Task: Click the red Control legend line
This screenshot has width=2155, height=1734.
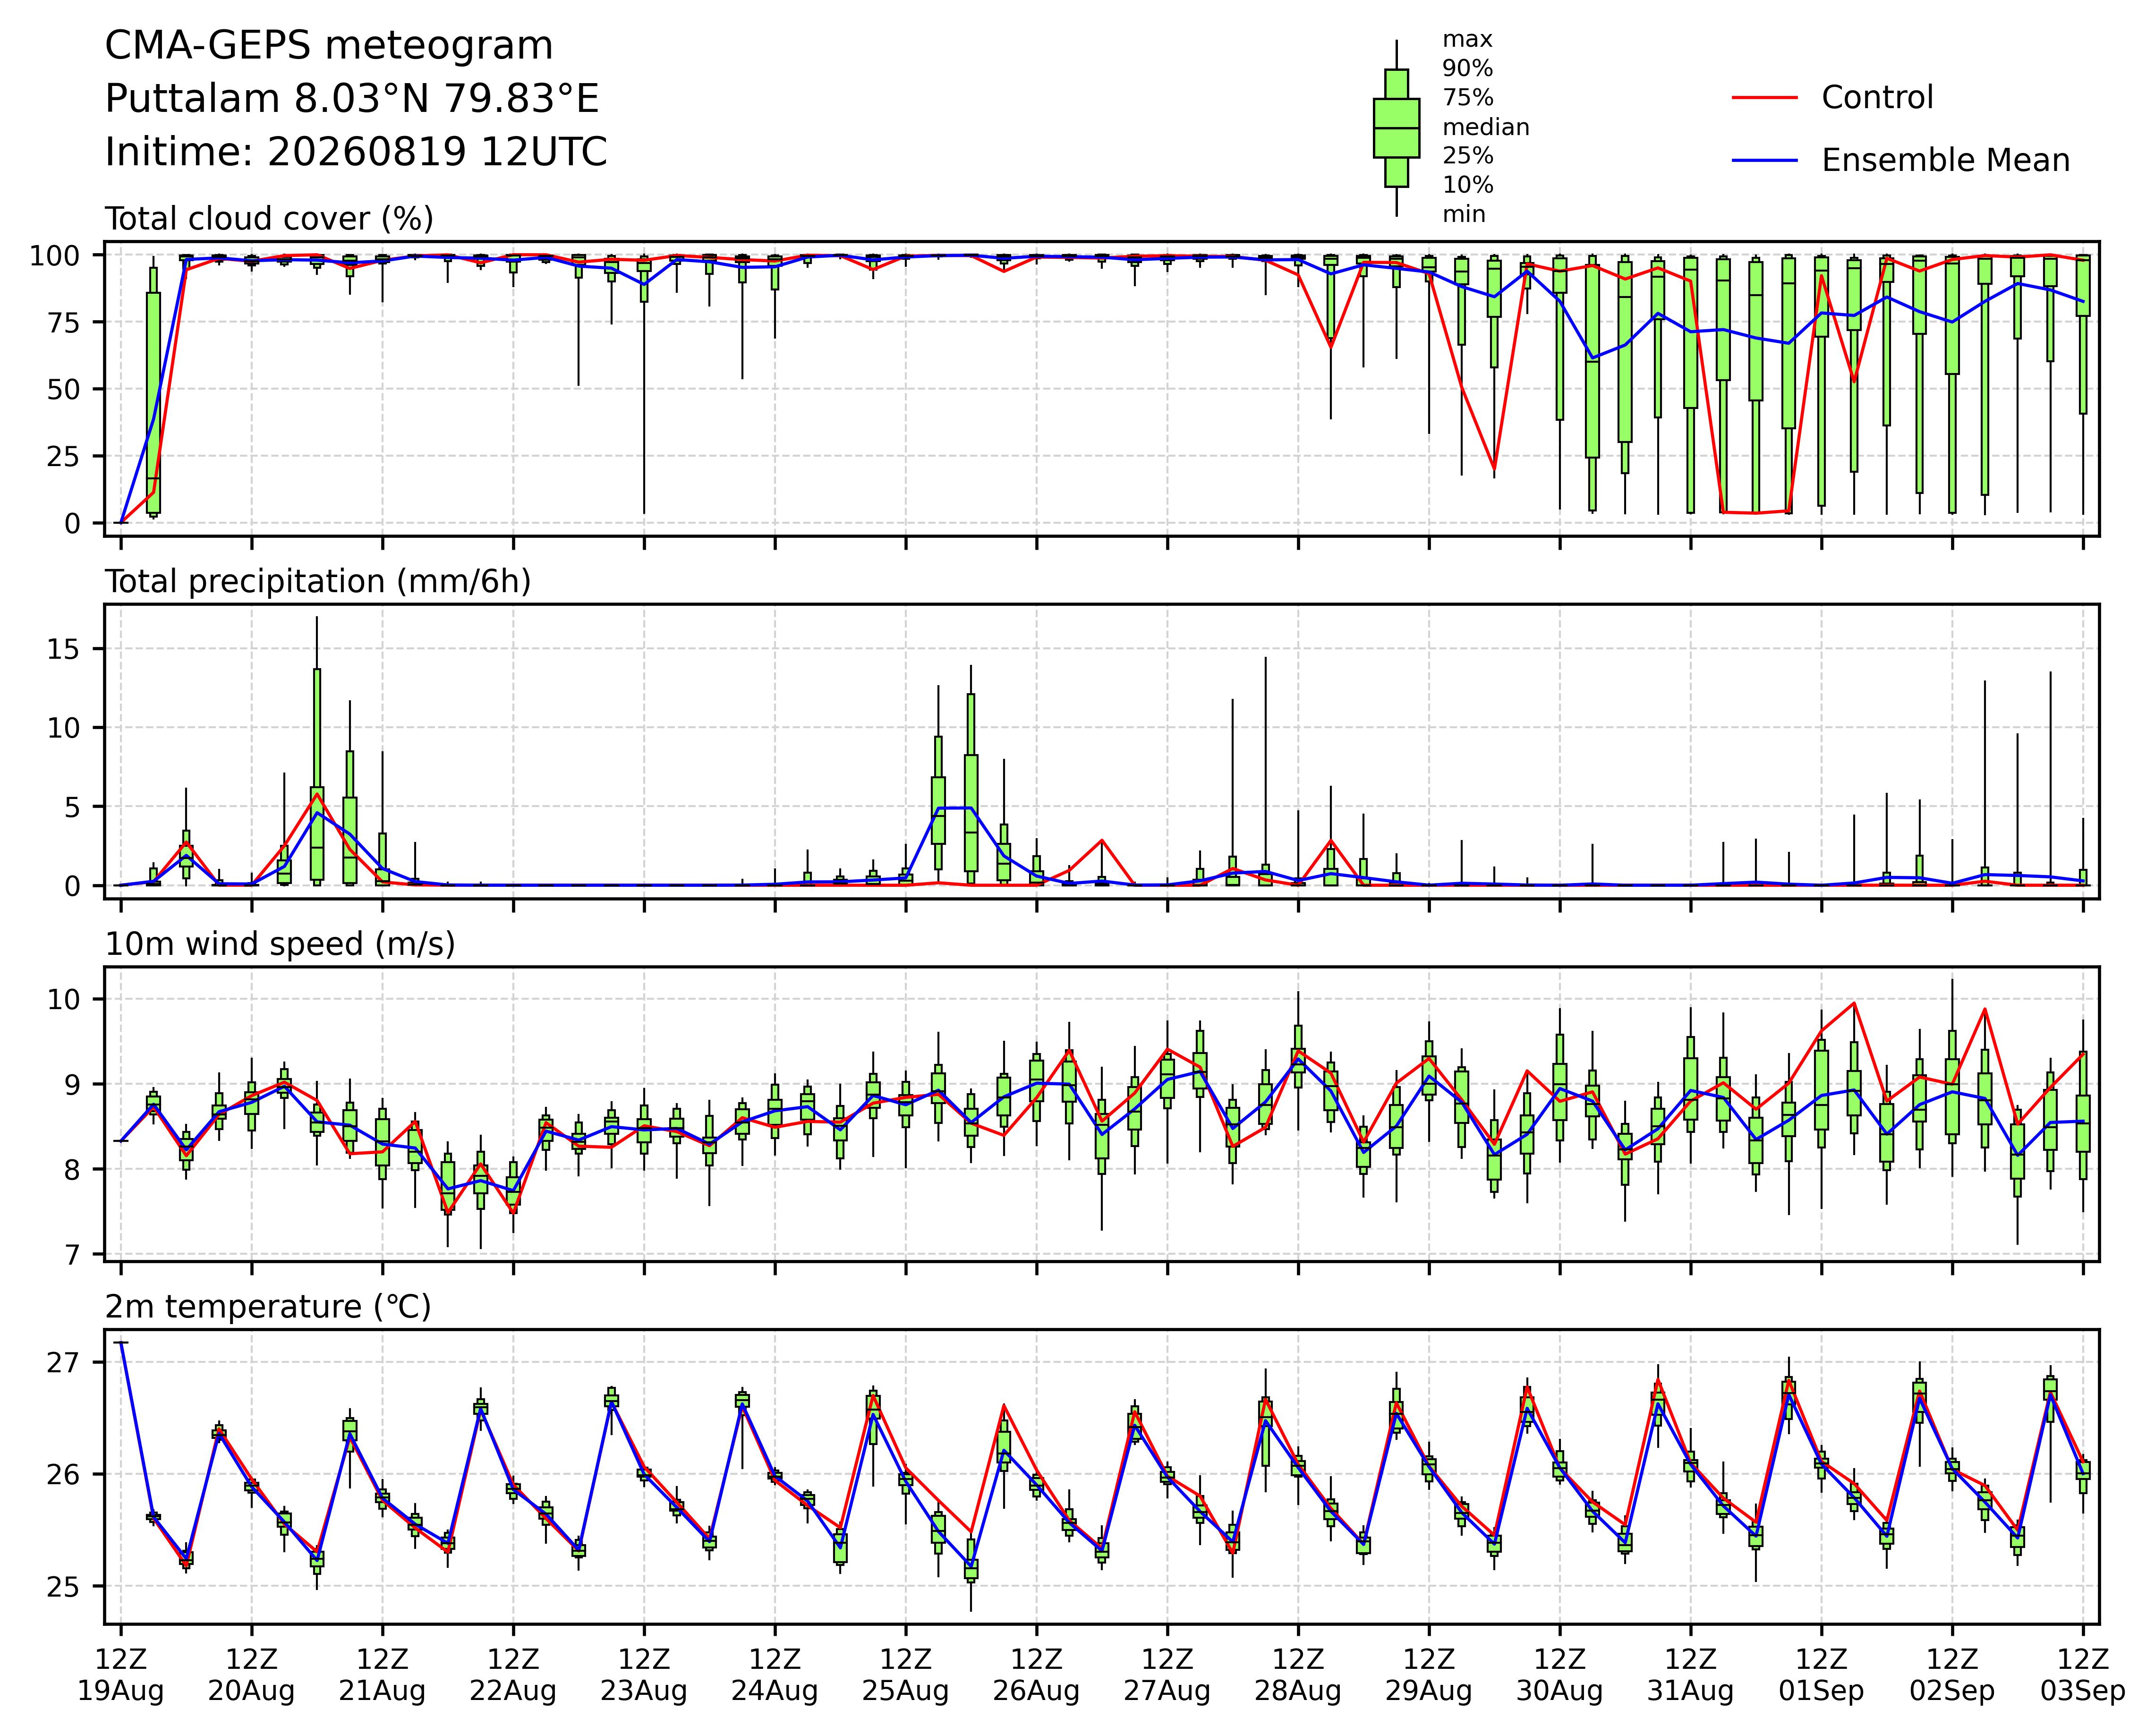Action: pyautogui.click(x=1764, y=98)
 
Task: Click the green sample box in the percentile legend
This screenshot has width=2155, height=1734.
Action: pyautogui.click(x=1397, y=128)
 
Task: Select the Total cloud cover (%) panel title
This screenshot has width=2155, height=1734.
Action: pyautogui.click(x=269, y=219)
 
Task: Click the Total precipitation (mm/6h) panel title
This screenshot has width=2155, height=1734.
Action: pyautogui.click(x=318, y=582)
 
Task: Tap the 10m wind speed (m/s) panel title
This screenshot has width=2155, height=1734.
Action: pyautogui.click(x=280, y=944)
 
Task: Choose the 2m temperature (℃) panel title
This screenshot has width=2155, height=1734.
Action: pyautogui.click(x=268, y=1307)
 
